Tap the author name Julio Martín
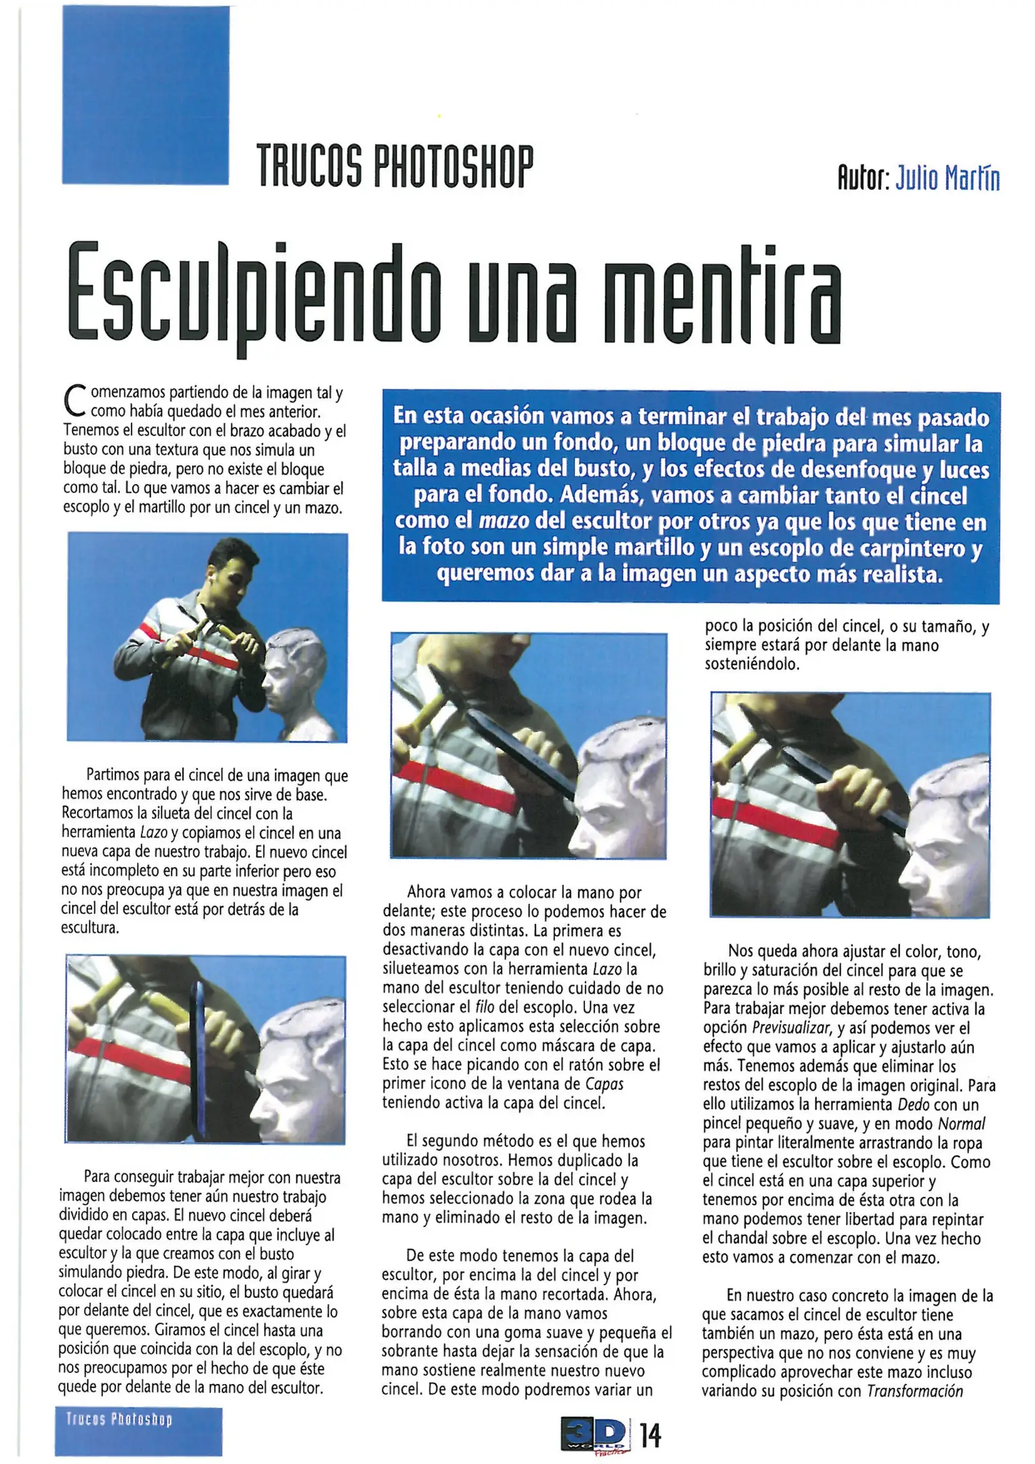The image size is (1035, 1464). pyautogui.click(x=948, y=179)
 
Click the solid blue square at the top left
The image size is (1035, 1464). pyautogui.click(x=146, y=96)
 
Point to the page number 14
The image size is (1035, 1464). pyautogui.click(x=650, y=1436)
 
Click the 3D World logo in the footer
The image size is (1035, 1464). pyautogui.click(x=594, y=1436)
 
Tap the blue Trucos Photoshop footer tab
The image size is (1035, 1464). pyautogui.click(x=138, y=1430)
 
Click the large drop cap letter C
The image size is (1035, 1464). pyautogui.click(x=74, y=401)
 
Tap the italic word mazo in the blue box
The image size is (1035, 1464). pyautogui.click(x=504, y=522)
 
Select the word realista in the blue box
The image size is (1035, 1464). pyautogui.click(x=902, y=574)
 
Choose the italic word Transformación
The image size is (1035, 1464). pyautogui.click(x=915, y=1391)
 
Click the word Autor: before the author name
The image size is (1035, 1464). pyautogui.click(x=863, y=179)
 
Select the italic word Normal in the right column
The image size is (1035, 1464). pyautogui.click(x=961, y=1124)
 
